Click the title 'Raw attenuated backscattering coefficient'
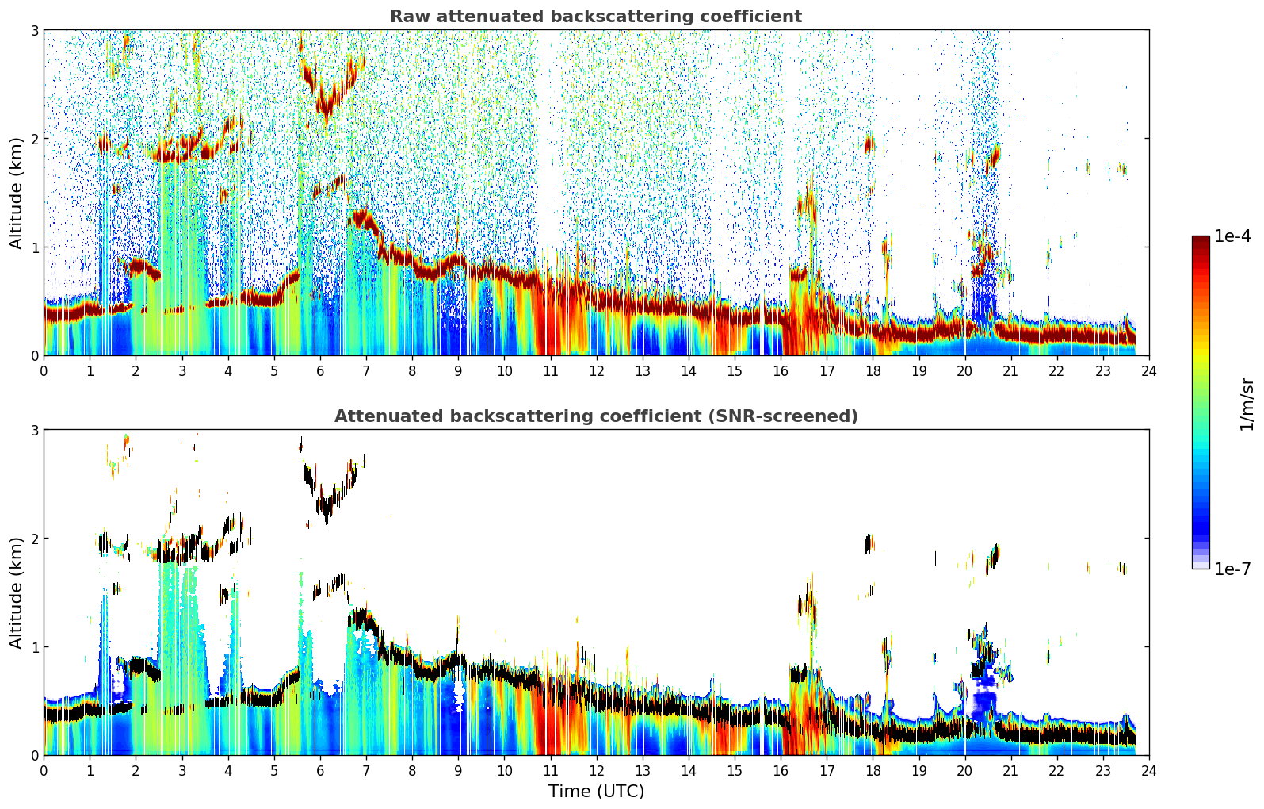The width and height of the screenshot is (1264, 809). pos(596,17)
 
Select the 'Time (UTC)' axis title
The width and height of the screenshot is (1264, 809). pos(596,791)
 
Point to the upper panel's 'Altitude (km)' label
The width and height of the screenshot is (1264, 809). pos(16,193)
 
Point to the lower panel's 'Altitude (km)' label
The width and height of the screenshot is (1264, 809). pos(16,592)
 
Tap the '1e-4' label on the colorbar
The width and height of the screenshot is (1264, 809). pos(1232,236)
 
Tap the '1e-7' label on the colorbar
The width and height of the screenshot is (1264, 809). pos(1232,569)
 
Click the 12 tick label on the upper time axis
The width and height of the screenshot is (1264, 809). pos(597,371)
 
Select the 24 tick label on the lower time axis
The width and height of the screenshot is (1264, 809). pos(1149,771)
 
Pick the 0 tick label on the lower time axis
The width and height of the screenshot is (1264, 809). pos(44,771)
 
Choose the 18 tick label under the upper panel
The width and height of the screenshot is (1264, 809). pos(873,371)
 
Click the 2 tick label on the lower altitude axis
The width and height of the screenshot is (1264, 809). pos(34,539)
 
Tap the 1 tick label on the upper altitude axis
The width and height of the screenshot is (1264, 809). pos(34,247)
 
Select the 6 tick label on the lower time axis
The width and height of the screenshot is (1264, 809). pos(320,771)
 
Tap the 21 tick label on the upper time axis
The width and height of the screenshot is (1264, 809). pos(1010,371)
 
